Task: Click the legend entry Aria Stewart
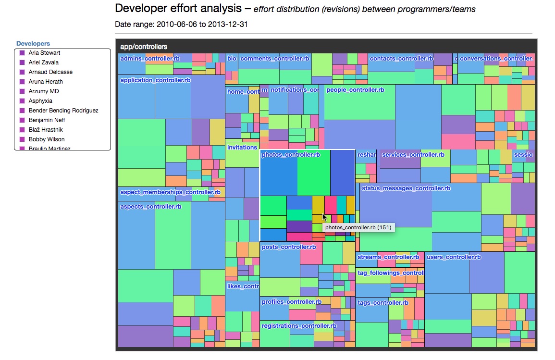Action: coord(44,53)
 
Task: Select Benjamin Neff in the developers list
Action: coord(47,120)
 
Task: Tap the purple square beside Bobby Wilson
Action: coord(22,139)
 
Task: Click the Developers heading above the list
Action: coord(33,43)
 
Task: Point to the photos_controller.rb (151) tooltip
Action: coord(358,227)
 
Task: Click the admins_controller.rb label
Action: coord(150,59)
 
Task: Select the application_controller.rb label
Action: coord(155,80)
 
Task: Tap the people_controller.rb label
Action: coord(355,90)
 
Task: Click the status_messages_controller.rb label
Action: coord(406,188)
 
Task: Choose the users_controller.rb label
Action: coord(454,257)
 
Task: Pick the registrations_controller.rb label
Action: coord(299,326)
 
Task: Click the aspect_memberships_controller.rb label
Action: coord(170,192)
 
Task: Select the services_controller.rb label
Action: coord(413,155)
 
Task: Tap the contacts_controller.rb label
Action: coord(401,59)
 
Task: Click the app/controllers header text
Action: coord(144,47)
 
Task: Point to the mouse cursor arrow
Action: coord(325,217)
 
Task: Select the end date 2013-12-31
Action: coord(228,24)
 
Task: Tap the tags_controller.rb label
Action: coord(383,303)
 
